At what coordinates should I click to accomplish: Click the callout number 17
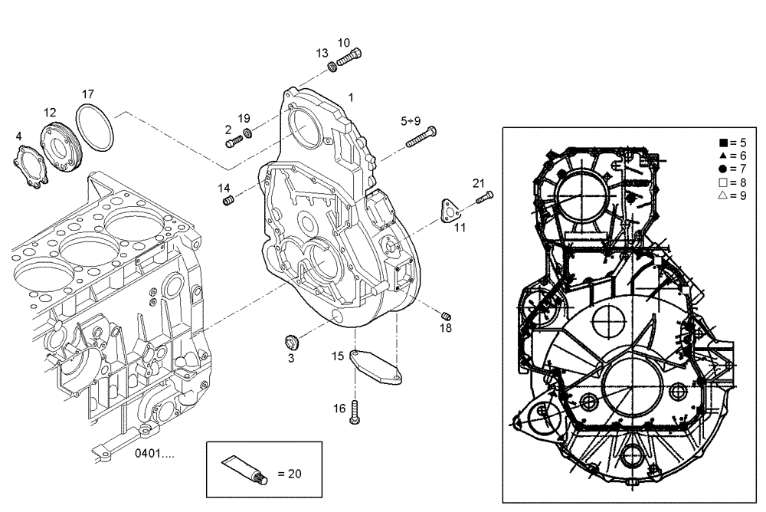tap(89, 94)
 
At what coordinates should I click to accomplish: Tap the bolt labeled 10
tap(350, 56)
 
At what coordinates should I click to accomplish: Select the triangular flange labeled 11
tap(447, 211)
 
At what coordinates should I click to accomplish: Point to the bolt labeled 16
tap(355, 413)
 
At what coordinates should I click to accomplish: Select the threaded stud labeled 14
tap(228, 201)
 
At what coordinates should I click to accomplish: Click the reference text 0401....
tap(154, 453)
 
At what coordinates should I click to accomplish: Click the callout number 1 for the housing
tap(351, 97)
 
